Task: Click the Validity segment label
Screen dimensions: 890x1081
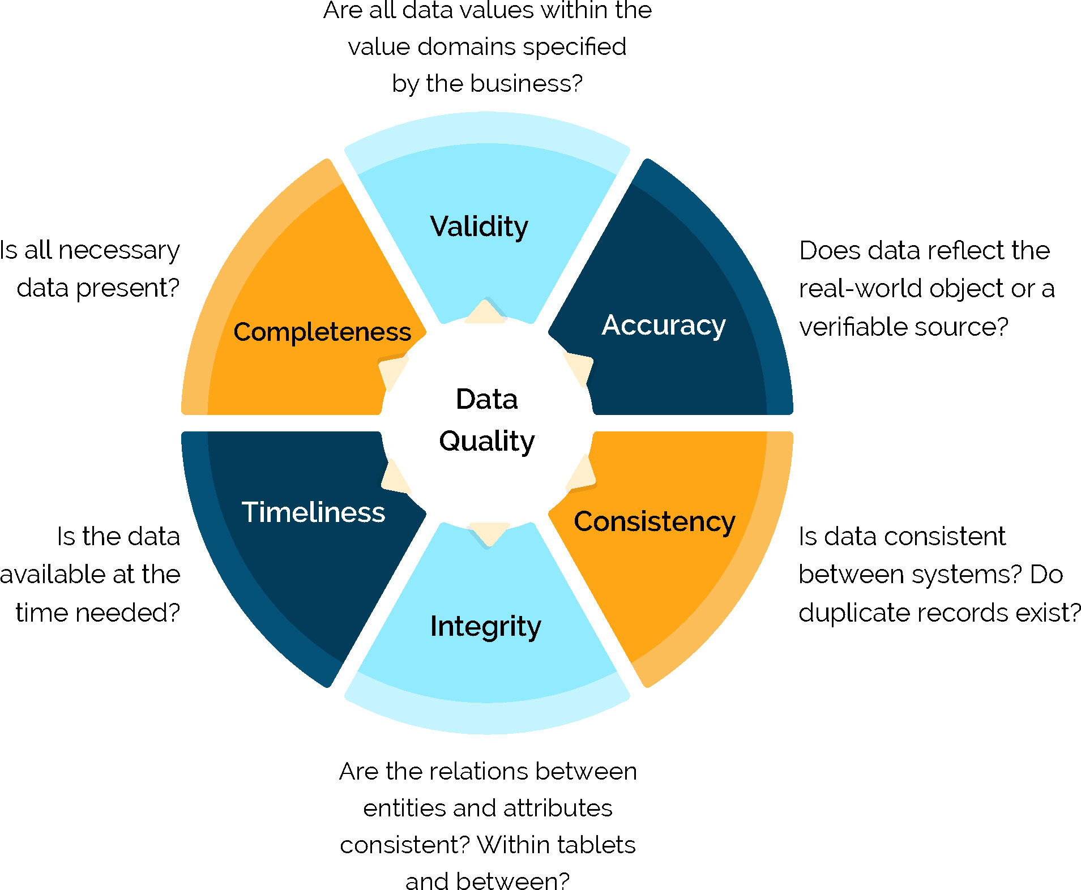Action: click(479, 227)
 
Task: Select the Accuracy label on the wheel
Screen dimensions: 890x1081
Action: click(663, 326)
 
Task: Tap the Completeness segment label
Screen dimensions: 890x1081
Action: click(322, 332)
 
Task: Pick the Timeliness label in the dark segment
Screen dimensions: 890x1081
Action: click(313, 512)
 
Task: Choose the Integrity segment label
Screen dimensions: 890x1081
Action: click(485, 627)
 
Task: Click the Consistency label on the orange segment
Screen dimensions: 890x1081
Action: click(654, 521)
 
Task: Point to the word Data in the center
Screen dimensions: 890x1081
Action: click(487, 399)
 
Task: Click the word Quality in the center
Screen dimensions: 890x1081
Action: click(487, 442)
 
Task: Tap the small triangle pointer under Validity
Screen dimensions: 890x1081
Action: click(485, 313)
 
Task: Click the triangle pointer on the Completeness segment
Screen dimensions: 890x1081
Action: click(392, 370)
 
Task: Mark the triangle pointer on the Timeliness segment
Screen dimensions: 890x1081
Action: click(394, 476)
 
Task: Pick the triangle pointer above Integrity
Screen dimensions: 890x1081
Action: click(489, 532)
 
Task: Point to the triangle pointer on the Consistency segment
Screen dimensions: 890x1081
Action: click(582, 473)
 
